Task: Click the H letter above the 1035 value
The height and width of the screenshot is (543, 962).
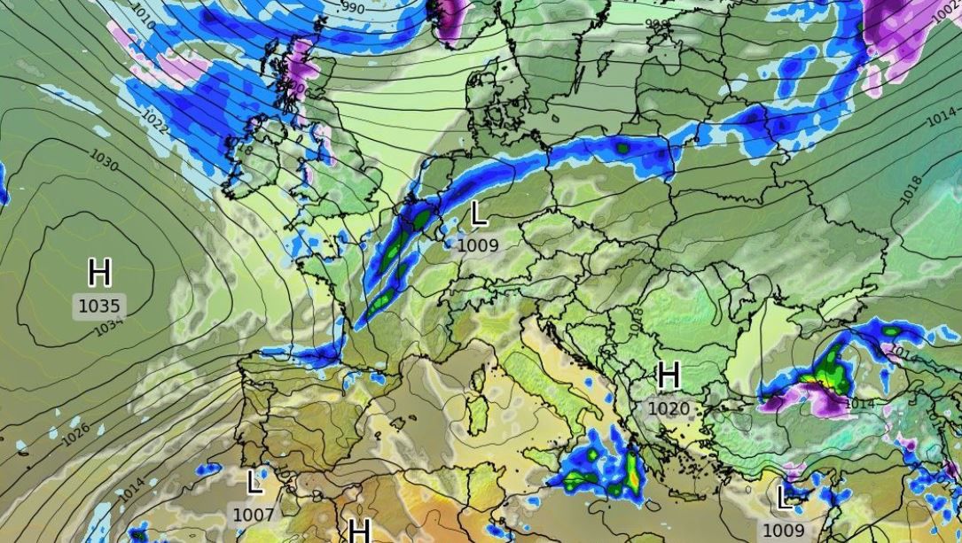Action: pyautogui.click(x=99, y=272)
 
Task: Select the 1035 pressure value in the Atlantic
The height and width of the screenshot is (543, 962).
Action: pyautogui.click(x=99, y=306)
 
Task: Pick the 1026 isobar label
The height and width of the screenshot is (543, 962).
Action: pyautogui.click(x=76, y=432)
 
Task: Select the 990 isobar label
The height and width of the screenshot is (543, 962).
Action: pyautogui.click(x=352, y=7)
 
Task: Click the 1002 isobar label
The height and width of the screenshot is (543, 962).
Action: pyautogui.click(x=945, y=12)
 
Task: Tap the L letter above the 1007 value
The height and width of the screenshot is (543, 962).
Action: pyautogui.click(x=254, y=483)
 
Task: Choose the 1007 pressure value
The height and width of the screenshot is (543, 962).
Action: pyautogui.click(x=253, y=514)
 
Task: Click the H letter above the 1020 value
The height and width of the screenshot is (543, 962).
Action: pyautogui.click(x=669, y=376)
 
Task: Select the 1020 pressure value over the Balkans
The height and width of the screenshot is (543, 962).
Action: pyautogui.click(x=669, y=408)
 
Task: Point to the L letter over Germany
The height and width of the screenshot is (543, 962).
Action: pyautogui.click(x=479, y=213)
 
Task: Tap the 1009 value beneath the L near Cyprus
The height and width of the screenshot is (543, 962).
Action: pyautogui.click(x=784, y=530)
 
